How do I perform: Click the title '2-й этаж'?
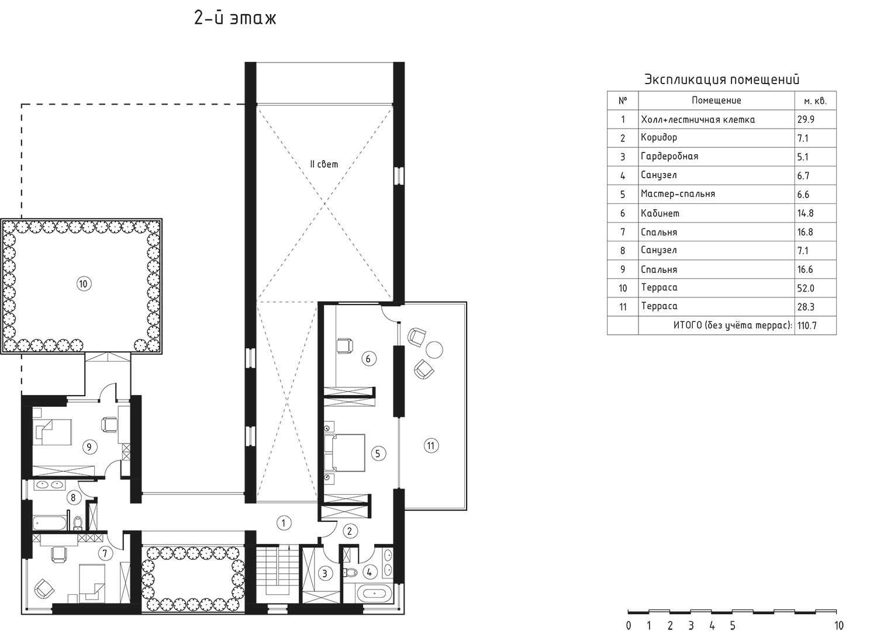pyautogui.click(x=235, y=18)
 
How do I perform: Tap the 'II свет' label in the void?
pyautogui.click(x=323, y=164)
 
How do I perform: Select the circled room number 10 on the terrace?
pyautogui.click(x=84, y=284)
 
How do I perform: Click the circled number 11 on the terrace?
pyautogui.click(x=431, y=446)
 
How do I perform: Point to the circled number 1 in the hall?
pyautogui.click(x=284, y=523)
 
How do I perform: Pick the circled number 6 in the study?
pyautogui.click(x=368, y=358)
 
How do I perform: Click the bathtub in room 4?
pyautogui.click(x=374, y=593)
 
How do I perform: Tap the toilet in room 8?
pyautogui.click(x=78, y=522)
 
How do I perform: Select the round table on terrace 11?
pyautogui.click(x=434, y=350)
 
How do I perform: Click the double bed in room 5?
pyautogui.click(x=344, y=453)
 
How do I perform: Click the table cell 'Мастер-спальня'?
pyautogui.click(x=678, y=194)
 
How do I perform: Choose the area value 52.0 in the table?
pyautogui.click(x=806, y=289)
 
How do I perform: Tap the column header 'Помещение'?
pyautogui.click(x=716, y=101)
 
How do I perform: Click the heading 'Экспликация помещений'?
pyautogui.click(x=721, y=79)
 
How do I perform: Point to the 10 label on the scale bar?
pyautogui.click(x=838, y=626)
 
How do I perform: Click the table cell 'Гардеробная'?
pyautogui.click(x=669, y=157)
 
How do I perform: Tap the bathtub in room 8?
pyautogui.click(x=50, y=523)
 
